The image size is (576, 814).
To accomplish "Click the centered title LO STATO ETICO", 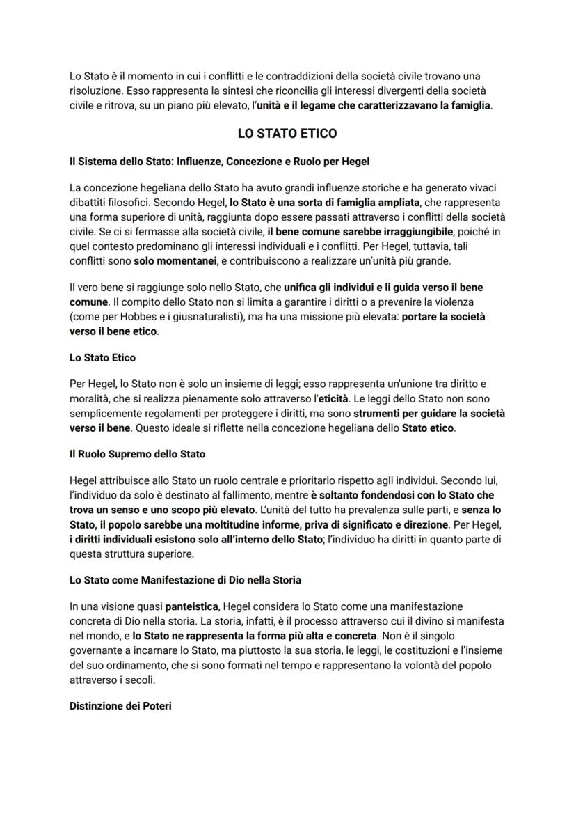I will (x=287, y=133).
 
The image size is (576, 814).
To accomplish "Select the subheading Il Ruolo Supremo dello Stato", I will (x=138, y=454).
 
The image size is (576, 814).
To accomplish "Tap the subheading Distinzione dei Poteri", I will (x=120, y=705).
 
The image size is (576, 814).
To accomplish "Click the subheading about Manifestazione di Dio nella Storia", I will (x=185, y=579).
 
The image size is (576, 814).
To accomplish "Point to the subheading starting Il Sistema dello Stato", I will (x=219, y=161).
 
